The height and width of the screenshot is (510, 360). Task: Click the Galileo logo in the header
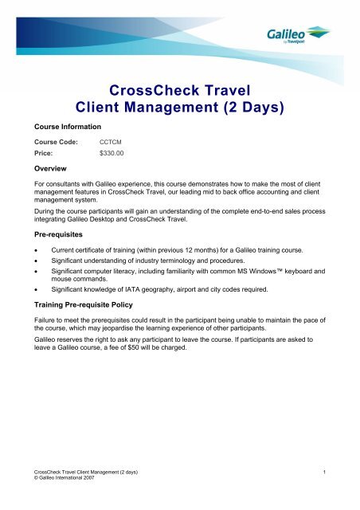coord(297,36)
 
